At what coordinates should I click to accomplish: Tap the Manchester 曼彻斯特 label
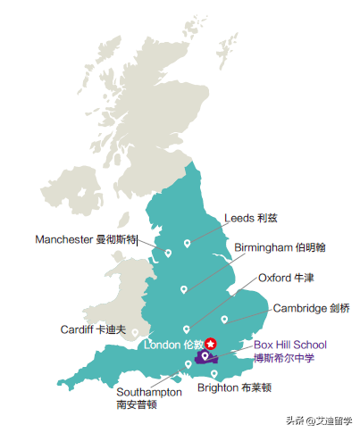86,239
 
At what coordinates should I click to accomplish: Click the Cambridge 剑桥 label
311,308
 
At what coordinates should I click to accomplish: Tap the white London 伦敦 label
174,345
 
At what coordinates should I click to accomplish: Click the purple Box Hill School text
290,345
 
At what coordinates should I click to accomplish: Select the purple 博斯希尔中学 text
283,358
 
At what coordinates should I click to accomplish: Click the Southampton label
148,391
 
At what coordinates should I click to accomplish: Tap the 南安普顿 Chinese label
137,404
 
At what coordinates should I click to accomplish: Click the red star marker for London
211,343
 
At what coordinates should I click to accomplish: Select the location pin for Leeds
187,243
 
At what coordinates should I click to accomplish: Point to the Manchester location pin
168,253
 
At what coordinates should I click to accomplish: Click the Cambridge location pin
224,319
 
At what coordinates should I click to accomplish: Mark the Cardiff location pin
135,332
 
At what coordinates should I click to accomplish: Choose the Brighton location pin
213,373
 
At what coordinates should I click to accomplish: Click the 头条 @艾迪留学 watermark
319,421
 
